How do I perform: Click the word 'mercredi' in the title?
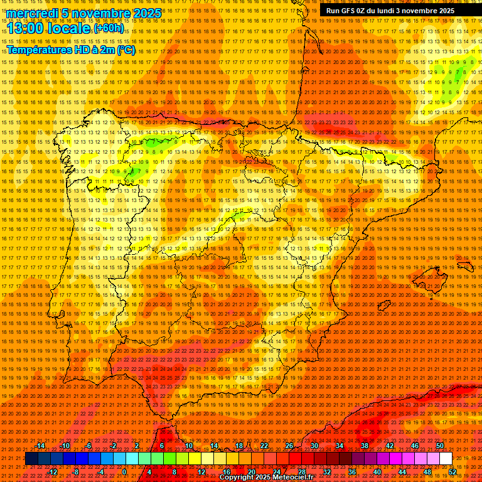31,13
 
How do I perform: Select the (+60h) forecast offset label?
109,28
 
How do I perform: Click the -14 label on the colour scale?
40,446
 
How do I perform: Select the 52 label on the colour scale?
453,472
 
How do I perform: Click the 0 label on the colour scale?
124,472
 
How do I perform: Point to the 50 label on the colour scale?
439,446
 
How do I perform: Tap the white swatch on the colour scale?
446,459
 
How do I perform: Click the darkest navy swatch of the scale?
31,459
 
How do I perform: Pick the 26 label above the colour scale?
289,446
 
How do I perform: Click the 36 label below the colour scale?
352,472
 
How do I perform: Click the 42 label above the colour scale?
389,446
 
